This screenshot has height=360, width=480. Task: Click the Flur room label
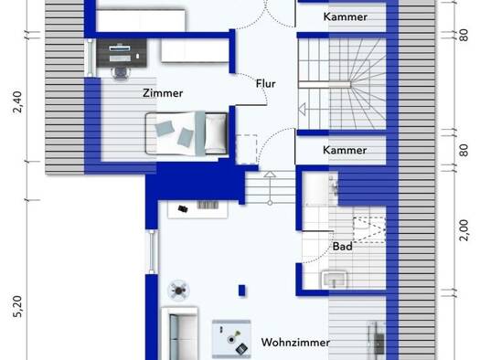[x=265, y=83]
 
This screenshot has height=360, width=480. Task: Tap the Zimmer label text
[x=163, y=93]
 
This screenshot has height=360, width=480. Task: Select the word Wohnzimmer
[x=295, y=343]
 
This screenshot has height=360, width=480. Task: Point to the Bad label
[x=342, y=246]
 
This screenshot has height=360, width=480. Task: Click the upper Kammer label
[x=346, y=16]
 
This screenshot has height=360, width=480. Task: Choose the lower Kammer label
[x=345, y=150]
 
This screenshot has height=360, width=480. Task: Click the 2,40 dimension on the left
[x=17, y=101]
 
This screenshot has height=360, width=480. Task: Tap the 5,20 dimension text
[x=17, y=306]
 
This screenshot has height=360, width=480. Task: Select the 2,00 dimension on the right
[x=464, y=230]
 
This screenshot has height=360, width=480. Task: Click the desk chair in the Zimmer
[x=120, y=73]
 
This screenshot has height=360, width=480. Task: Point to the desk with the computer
[x=122, y=53]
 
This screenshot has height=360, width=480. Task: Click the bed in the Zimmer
[x=187, y=133]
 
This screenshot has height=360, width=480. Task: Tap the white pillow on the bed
[x=216, y=133]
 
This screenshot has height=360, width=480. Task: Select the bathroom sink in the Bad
[x=335, y=280]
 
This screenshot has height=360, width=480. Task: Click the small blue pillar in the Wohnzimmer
[x=242, y=291]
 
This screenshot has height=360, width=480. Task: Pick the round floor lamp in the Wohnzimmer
[x=179, y=290]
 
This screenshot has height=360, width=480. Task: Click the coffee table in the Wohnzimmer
[x=231, y=339]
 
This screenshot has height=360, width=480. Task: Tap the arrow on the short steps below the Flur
[x=270, y=188]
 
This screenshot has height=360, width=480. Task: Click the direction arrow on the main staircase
[x=303, y=110]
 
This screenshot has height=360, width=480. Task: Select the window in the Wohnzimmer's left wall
[x=153, y=251]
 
